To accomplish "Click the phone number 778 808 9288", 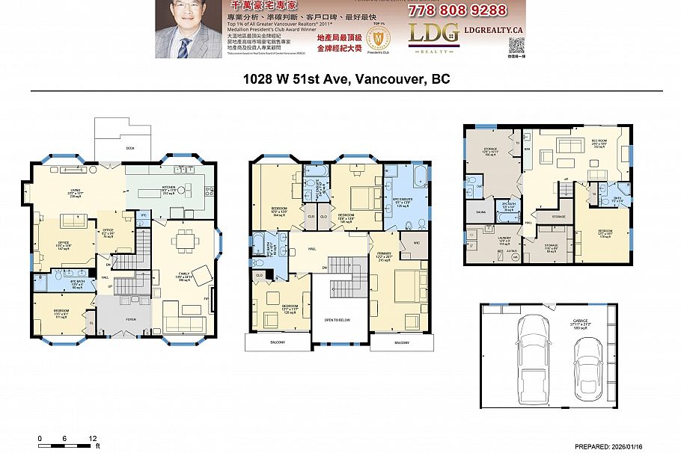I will [456, 10].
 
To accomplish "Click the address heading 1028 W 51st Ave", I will [346, 78].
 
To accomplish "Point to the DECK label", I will [129, 148].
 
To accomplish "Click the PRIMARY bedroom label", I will [384, 256].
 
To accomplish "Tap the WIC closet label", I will [415, 243].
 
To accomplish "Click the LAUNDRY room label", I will [483, 240].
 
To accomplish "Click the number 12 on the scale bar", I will [92, 438].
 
